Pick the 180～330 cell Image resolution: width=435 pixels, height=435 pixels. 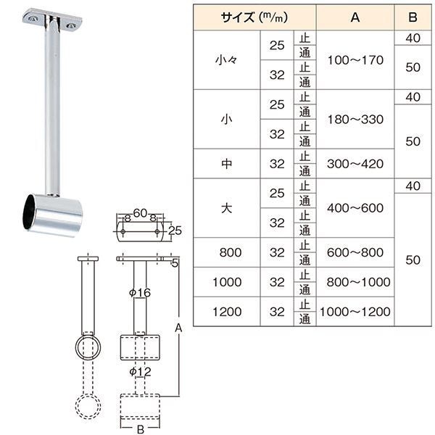coord(355,119)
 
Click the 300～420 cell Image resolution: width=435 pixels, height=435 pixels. coord(355,164)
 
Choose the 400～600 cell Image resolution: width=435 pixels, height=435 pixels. coord(355,208)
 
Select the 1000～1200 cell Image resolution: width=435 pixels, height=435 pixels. coord(355,311)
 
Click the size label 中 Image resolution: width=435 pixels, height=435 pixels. coord(225,164)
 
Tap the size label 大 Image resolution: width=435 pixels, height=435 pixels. coord(225,208)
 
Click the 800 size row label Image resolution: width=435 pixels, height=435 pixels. coord(225,252)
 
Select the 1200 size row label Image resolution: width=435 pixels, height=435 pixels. coord(225,311)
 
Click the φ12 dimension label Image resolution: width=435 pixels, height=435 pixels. coord(139,372)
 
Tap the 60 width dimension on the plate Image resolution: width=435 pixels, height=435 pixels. coord(141,212)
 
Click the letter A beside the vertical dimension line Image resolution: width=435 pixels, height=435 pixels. coord(178,328)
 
